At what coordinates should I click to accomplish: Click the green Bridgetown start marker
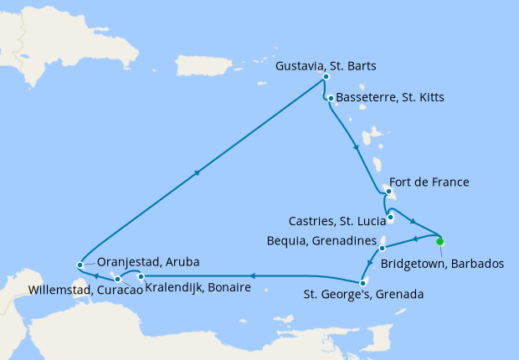click(440, 242)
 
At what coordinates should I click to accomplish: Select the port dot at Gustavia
click(326, 80)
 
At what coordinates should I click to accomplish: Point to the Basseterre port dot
click(331, 99)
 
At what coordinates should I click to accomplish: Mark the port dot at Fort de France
click(388, 192)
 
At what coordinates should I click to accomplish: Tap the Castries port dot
click(390, 219)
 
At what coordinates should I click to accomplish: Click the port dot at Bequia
click(382, 249)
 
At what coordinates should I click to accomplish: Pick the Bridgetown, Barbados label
click(442, 263)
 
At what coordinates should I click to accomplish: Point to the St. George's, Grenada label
click(362, 295)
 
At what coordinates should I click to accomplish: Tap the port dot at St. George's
click(364, 282)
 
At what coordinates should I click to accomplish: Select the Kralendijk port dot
click(141, 276)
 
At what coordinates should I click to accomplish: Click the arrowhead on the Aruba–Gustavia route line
click(198, 173)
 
